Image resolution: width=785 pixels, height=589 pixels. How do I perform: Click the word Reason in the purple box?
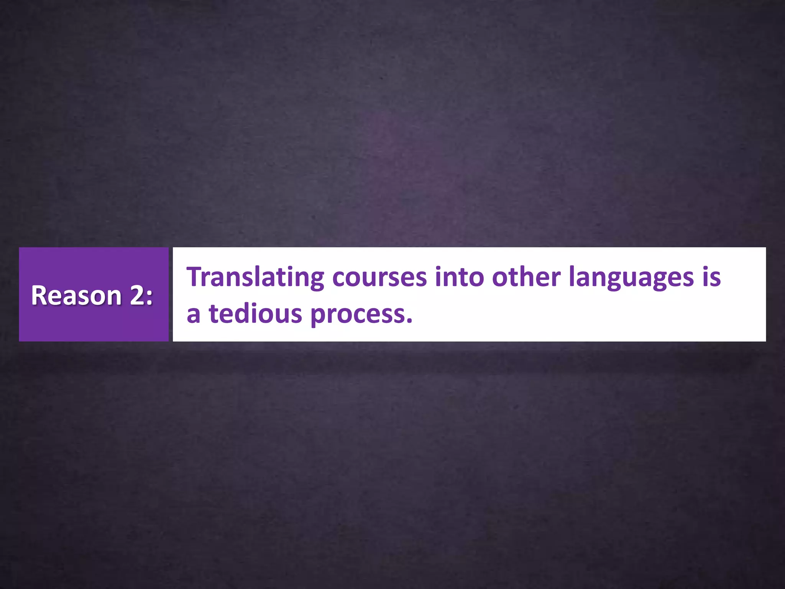(76, 296)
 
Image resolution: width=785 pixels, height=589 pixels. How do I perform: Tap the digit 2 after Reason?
(137, 296)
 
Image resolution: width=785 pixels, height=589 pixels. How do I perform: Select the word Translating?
(255, 277)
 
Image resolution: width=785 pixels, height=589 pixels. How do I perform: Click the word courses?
(379, 277)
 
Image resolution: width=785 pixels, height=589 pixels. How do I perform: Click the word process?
(357, 315)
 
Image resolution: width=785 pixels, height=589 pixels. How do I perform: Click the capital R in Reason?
(38, 296)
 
